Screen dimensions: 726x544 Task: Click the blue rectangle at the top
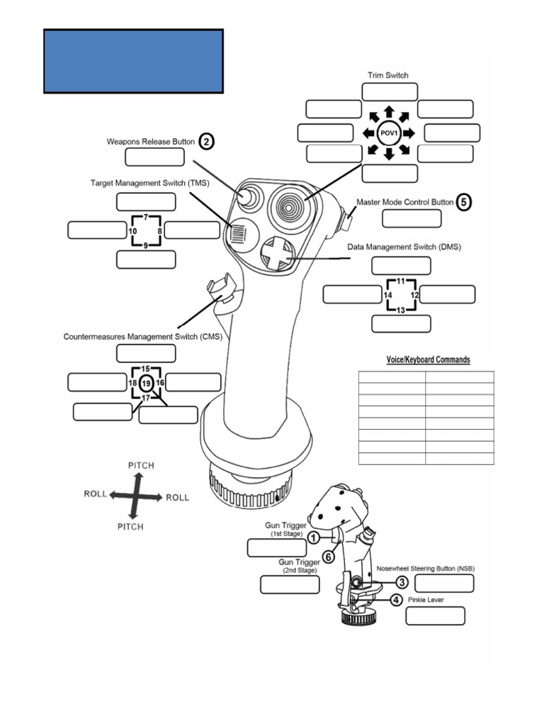click(x=133, y=61)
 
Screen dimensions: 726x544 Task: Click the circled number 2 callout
click(x=205, y=142)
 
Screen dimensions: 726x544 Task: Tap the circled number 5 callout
click(x=463, y=201)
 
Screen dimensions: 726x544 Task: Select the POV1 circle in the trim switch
click(x=388, y=133)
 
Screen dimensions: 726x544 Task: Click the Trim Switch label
click(x=387, y=75)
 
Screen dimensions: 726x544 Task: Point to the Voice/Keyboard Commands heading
click(x=427, y=360)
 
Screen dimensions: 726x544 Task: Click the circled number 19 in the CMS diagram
click(x=145, y=384)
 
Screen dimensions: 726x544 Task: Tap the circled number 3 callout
click(x=401, y=583)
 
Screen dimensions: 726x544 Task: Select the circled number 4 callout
click(x=396, y=600)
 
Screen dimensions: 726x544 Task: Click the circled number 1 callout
click(x=312, y=539)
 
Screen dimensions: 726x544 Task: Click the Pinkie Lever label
click(x=435, y=600)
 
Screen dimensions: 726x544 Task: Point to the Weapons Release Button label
click(x=149, y=142)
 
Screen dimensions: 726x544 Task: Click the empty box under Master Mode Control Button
click(x=411, y=218)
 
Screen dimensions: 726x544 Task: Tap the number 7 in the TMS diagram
click(x=145, y=216)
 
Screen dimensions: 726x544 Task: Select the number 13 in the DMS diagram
click(x=401, y=310)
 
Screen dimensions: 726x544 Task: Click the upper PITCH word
click(x=140, y=465)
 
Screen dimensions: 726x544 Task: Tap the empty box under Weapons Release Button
click(x=154, y=157)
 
